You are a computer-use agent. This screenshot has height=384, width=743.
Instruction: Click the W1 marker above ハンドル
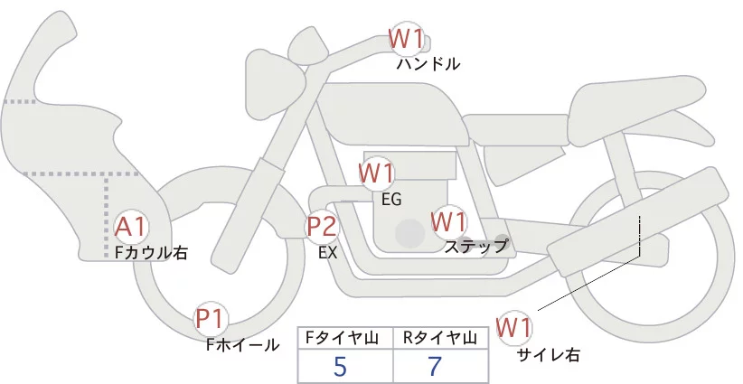click(x=406, y=39)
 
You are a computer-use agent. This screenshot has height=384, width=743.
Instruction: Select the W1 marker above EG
click(x=377, y=173)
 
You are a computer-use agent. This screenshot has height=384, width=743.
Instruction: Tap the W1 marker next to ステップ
click(x=449, y=221)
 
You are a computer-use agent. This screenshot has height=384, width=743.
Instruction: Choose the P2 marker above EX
click(x=322, y=226)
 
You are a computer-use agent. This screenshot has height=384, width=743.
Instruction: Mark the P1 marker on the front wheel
click(x=212, y=319)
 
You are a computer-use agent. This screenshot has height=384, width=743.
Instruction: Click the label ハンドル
click(x=428, y=64)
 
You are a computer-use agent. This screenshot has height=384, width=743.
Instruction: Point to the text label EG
click(x=391, y=198)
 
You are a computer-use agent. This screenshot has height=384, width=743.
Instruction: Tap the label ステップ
click(x=475, y=246)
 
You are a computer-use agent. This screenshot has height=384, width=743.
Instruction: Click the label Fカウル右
click(x=151, y=253)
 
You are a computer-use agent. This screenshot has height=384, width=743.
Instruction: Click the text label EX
click(x=328, y=253)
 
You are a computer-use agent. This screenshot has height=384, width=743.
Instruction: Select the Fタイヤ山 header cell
click(x=344, y=338)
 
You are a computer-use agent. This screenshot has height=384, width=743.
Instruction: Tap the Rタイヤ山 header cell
click(x=441, y=338)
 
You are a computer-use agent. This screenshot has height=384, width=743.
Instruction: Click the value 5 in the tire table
click(x=340, y=367)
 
